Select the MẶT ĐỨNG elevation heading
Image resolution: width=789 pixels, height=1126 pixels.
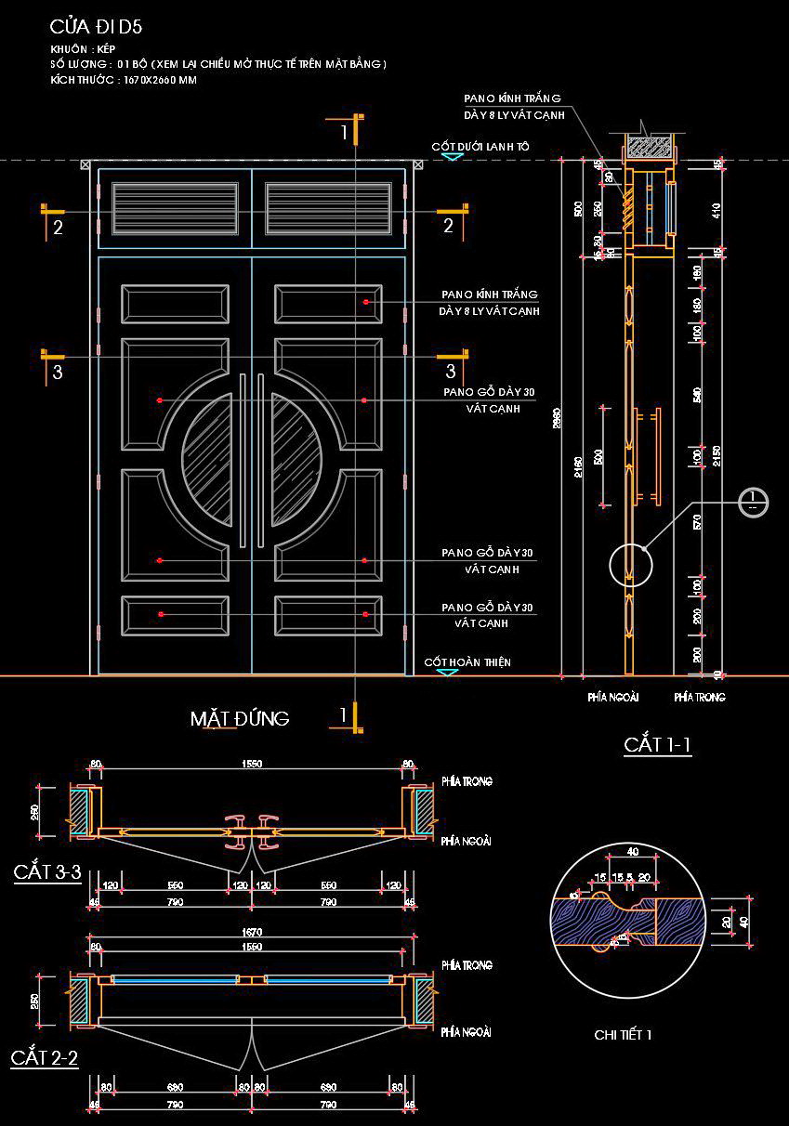(x=240, y=718)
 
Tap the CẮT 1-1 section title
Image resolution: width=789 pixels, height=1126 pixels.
(x=657, y=744)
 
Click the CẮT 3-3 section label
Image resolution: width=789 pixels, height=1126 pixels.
(x=47, y=872)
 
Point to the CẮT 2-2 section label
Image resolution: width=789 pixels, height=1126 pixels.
(x=45, y=1058)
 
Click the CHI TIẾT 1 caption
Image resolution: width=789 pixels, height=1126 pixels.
(x=623, y=1034)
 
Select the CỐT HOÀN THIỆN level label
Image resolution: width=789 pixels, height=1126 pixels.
(x=467, y=662)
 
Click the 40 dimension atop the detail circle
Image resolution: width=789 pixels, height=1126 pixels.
(x=632, y=851)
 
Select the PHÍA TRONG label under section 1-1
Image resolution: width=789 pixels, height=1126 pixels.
(x=699, y=696)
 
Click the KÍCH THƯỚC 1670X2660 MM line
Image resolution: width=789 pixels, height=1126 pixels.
(x=123, y=81)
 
